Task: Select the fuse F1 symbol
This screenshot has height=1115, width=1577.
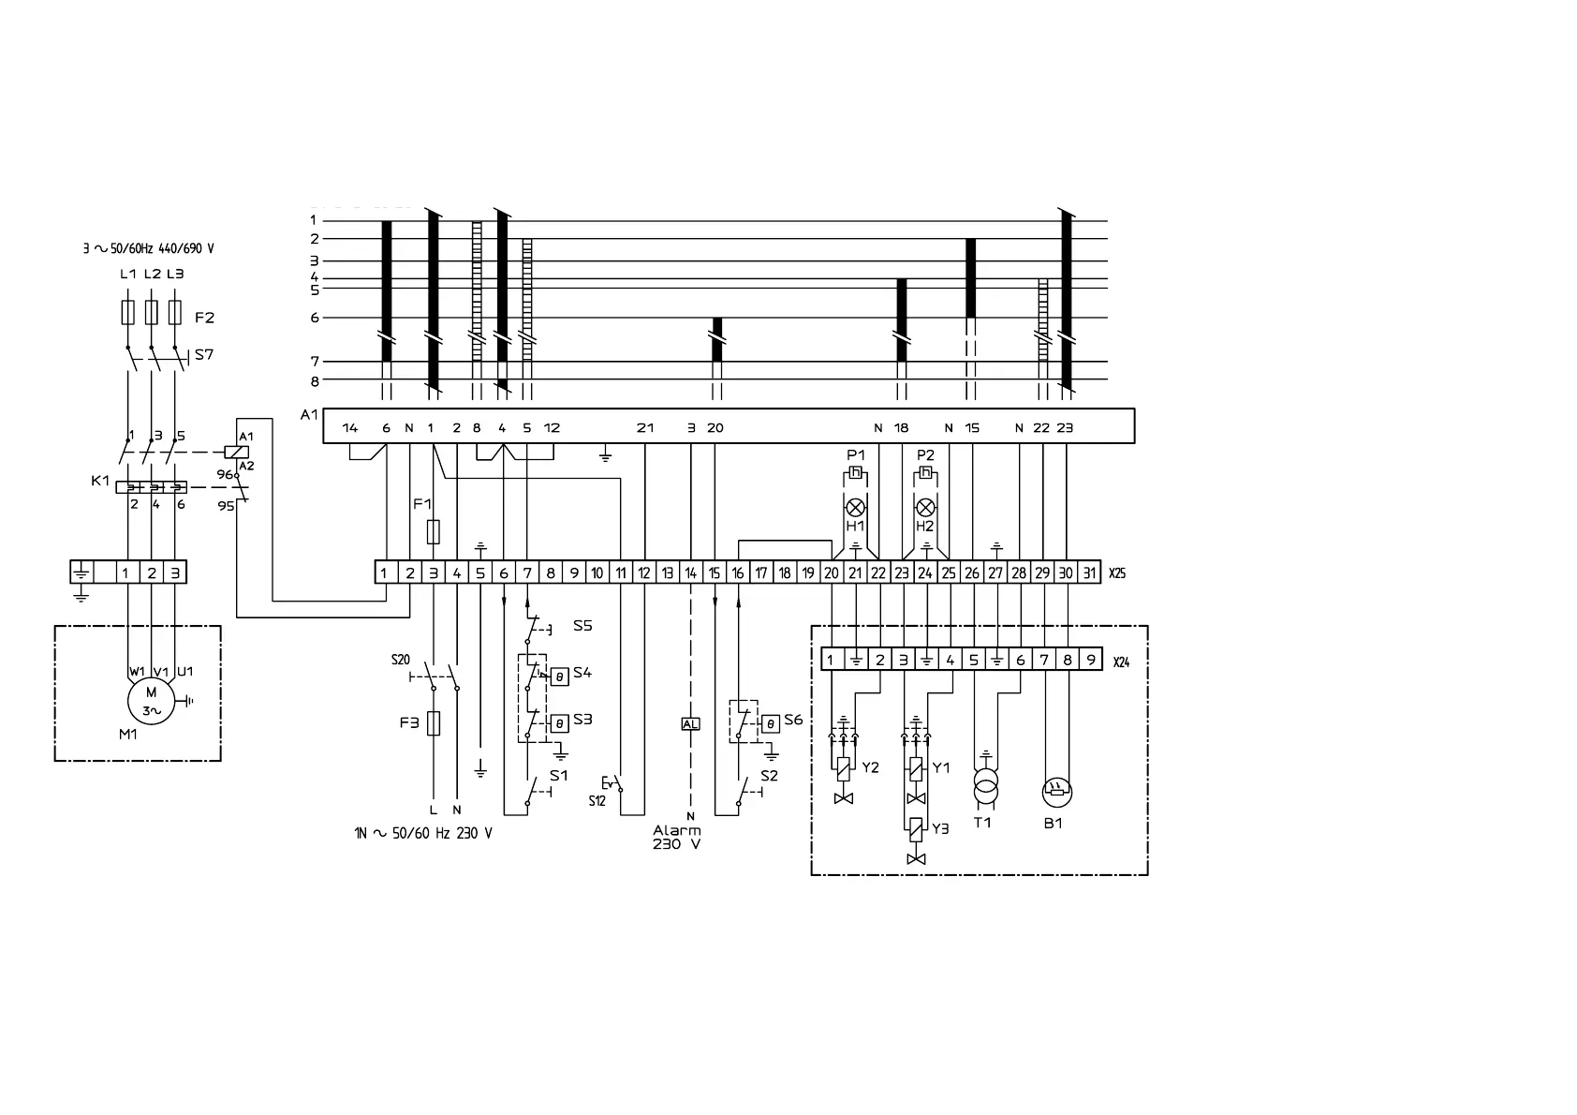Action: pos(433,532)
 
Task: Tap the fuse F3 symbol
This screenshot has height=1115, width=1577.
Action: pos(433,723)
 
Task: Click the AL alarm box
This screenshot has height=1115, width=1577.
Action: pos(690,723)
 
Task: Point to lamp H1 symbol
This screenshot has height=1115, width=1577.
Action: pos(855,508)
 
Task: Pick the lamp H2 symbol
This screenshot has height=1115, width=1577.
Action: pos(925,508)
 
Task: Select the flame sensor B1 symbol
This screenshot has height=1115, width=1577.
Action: pos(1056,793)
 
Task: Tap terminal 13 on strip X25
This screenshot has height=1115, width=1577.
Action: pos(668,572)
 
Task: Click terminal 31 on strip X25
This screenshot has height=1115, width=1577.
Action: pos(1089,572)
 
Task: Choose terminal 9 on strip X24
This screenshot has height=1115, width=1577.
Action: pos(1091,660)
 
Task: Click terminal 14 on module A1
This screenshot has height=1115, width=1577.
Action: pos(350,428)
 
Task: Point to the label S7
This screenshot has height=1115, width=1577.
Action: pos(204,355)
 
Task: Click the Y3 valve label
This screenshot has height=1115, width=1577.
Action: pos(941,828)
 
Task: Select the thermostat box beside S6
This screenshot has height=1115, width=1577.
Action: pos(770,723)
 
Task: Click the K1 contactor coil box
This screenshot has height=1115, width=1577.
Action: pos(238,451)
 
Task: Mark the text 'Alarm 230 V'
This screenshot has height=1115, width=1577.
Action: pos(676,837)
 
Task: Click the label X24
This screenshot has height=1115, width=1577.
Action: pos(1121,662)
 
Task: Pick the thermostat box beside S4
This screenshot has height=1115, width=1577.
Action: pos(559,676)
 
